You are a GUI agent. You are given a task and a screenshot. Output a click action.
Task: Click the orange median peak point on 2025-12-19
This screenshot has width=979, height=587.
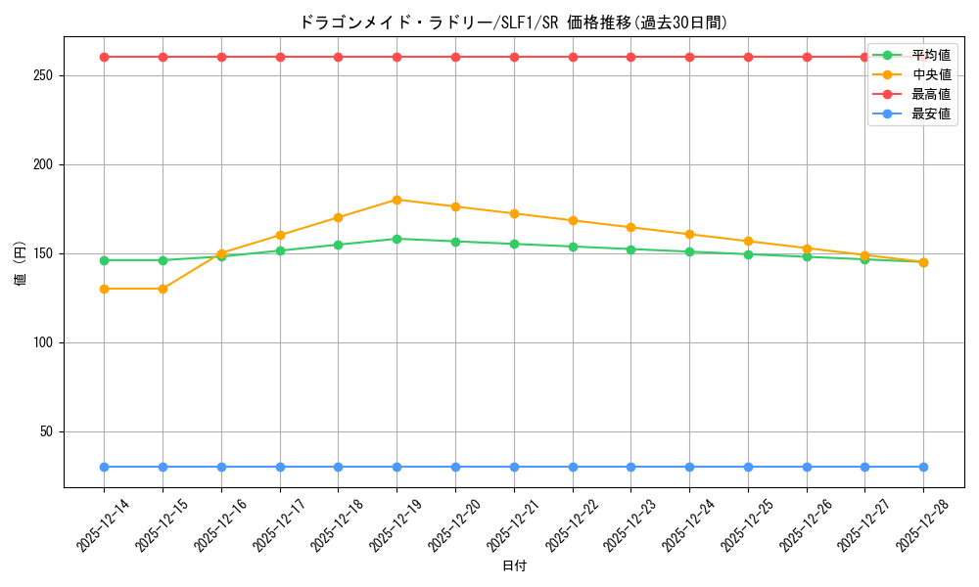[x=396, y=200]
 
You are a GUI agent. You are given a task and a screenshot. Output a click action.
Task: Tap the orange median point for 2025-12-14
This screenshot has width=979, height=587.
[x=104, y=289]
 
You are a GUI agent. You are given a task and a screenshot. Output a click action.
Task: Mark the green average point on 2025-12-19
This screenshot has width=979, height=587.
[x=396, y=239]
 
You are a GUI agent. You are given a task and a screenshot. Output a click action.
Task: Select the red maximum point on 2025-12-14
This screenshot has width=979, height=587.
[x=104, y=57]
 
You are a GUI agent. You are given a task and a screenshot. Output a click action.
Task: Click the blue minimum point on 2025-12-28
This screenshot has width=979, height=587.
[x=923, y=467]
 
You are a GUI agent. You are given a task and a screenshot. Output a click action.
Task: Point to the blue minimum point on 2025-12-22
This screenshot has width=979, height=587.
[x=573, y=467]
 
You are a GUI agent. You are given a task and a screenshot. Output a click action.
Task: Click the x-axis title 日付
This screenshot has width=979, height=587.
[x=514, y=566]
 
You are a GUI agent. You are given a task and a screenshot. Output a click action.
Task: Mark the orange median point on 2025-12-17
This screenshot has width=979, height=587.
[x=280, y=235]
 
